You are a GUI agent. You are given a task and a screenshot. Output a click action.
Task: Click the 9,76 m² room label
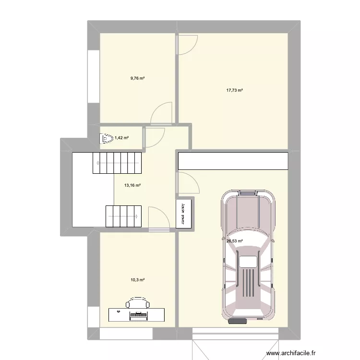coord(137,78)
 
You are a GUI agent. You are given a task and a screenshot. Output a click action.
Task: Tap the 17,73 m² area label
coord(234,90)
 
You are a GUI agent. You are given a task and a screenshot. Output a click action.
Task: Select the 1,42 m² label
coord(121,138)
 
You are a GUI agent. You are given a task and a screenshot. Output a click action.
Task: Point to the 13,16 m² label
coord(132,185)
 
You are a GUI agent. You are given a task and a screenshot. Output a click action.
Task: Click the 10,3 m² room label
coord(137,280)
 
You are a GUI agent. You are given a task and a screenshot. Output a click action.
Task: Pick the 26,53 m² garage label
coord(234,241)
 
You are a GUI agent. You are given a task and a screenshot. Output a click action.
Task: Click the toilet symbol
coord(107,139)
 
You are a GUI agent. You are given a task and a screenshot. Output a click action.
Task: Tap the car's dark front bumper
coord(238,321)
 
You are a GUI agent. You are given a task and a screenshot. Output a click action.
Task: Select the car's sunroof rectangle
coord(248,262)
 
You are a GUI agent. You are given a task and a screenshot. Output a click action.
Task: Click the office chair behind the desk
coord(138,302)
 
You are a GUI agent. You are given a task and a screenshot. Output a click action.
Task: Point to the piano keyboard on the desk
coord(138,316)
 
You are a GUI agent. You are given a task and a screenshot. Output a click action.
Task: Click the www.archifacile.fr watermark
coord(291,353)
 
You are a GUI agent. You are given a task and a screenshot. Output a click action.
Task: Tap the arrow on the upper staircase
coord(118,163)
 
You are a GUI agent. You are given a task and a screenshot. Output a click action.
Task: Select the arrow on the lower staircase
coord(123,216)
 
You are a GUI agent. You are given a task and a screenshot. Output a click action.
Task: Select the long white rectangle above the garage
coord(233,161)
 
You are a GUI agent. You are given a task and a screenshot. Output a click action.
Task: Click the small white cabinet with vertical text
coord(183,214)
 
